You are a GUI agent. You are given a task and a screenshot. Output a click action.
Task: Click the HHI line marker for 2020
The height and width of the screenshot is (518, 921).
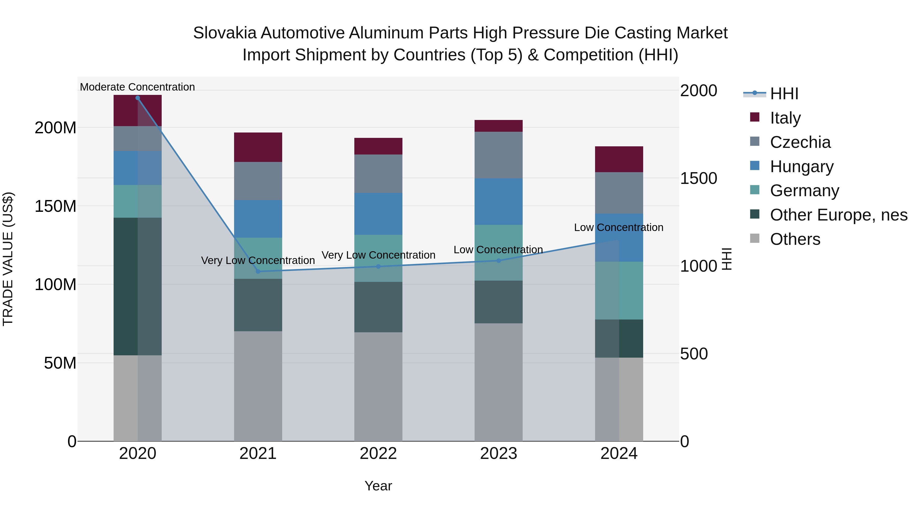138,98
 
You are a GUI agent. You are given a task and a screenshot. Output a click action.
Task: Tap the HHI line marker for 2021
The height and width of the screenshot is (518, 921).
258,271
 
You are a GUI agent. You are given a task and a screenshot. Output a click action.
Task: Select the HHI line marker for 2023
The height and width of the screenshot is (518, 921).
499,261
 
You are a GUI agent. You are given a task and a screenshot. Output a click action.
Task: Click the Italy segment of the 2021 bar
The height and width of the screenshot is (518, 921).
258,147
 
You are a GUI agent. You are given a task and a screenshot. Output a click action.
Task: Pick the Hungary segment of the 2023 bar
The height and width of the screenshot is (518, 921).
499,202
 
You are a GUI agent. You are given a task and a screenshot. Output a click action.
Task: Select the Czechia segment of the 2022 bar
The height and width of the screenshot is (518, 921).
378,174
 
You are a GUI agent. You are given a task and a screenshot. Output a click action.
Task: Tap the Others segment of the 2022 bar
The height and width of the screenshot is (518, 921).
378,387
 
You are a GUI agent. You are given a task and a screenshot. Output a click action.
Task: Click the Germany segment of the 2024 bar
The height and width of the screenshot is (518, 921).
619,291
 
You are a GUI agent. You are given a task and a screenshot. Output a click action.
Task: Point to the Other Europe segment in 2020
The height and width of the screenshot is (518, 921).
138,286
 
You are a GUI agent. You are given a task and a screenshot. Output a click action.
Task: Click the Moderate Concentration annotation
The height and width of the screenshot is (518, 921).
138,87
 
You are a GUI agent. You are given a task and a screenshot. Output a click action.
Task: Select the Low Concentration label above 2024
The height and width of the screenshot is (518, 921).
619,227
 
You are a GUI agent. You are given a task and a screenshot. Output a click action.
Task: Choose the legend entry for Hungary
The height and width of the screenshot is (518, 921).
802,167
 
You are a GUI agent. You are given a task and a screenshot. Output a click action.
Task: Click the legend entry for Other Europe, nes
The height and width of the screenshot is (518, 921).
838,215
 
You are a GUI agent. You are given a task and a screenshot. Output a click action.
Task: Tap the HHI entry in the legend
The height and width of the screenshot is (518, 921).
784,94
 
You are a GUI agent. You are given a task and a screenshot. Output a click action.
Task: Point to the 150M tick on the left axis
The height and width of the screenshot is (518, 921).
56,206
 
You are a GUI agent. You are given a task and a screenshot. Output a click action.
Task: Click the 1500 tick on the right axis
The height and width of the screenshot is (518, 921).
698,178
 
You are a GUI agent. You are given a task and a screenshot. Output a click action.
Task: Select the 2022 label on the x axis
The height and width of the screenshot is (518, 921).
378,454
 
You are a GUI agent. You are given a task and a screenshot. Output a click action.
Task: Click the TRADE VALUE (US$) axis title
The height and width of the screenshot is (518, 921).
8,259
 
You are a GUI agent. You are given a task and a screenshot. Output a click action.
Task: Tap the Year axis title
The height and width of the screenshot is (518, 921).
378,486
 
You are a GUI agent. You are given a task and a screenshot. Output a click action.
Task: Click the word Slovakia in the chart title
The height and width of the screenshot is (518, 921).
225,33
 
